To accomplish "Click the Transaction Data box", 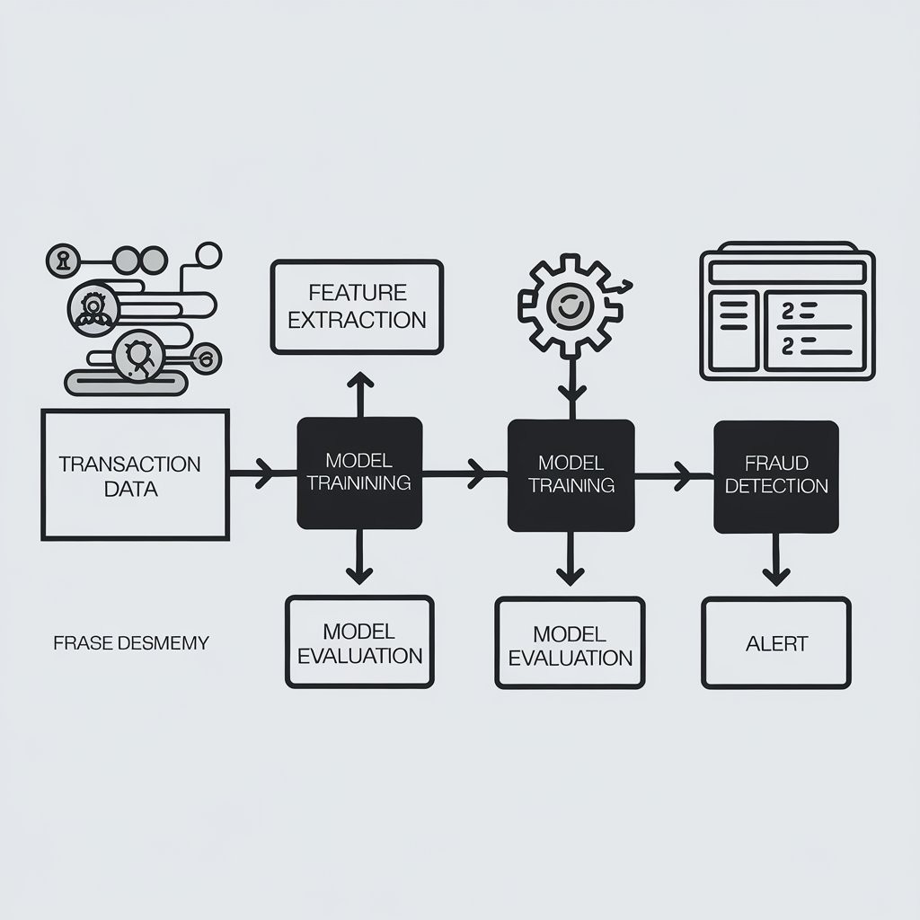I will point(135,474).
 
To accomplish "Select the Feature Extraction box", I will point(357,306).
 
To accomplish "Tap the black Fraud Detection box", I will point(776,476).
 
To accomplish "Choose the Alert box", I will point(776,643).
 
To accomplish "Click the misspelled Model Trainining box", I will point(359,473).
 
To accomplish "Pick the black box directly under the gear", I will point(571,474).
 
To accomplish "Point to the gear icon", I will point(570,306).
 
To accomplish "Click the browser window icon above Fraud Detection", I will point(787,311).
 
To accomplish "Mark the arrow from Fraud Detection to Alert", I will point(776,561).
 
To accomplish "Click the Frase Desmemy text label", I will point(131,643).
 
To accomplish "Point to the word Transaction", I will point(129,464).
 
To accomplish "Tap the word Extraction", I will point(357,320).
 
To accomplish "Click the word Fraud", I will point(776,464).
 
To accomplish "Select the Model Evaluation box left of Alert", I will point(570,643).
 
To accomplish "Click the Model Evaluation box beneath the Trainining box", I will point(359,642).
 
